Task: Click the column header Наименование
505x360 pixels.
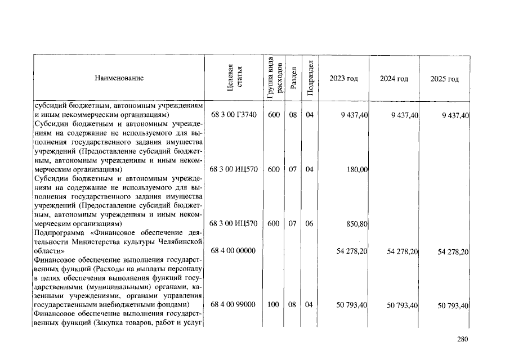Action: pyautogui.click(x=119, y=78)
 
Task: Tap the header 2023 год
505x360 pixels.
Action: pyautogui.click(x=343, y=79)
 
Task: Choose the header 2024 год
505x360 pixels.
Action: pyautogui.click(x=394, y=79)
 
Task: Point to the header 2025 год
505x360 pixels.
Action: pyautogui.click(x=445, y=79)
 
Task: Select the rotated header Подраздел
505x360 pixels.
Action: pyautogui.click(x=310, y=78)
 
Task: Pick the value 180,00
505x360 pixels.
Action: pyautogui.click(x=357, y=169)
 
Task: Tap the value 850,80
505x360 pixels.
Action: pyautogui.click(x=357, y=224)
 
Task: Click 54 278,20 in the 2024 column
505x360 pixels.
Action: pyautogui.click(x=402, y=251)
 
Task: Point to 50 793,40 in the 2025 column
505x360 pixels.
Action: pyautogui.click(x=453, y=305)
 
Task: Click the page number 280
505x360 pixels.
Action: pyautogui.click(x=462, y=339)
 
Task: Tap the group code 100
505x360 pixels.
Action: pyautogui.click(x=274, y=305)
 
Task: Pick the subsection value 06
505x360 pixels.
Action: pyautogui.click(x=309, y=223)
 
